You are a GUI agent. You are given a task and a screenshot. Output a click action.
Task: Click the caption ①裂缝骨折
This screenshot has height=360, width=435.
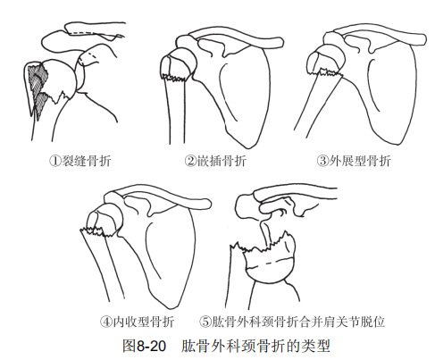pos(80,161)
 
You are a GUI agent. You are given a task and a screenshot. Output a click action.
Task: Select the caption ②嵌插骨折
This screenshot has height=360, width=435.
pos(215,161)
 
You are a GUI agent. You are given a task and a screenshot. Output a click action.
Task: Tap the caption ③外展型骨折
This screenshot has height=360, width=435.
pos(354,161)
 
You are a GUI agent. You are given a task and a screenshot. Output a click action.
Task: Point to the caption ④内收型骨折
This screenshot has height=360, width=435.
pos(137,322)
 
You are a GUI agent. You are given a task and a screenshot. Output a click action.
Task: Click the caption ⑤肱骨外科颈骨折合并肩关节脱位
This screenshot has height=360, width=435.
pos(292,322)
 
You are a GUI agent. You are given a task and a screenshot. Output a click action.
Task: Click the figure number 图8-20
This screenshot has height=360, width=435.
pos(144,346)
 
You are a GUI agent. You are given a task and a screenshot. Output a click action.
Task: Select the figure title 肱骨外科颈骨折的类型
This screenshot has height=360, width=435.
pos(255,346)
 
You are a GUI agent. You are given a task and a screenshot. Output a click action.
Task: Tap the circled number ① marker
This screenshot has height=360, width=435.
pos(55,161)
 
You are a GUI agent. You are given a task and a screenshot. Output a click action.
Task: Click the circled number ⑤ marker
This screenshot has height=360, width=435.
pos(205,322)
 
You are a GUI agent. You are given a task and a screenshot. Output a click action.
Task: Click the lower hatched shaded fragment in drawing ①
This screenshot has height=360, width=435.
pos(41,103)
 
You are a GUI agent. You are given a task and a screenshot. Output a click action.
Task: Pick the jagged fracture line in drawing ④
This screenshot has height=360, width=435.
pos(96,231)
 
